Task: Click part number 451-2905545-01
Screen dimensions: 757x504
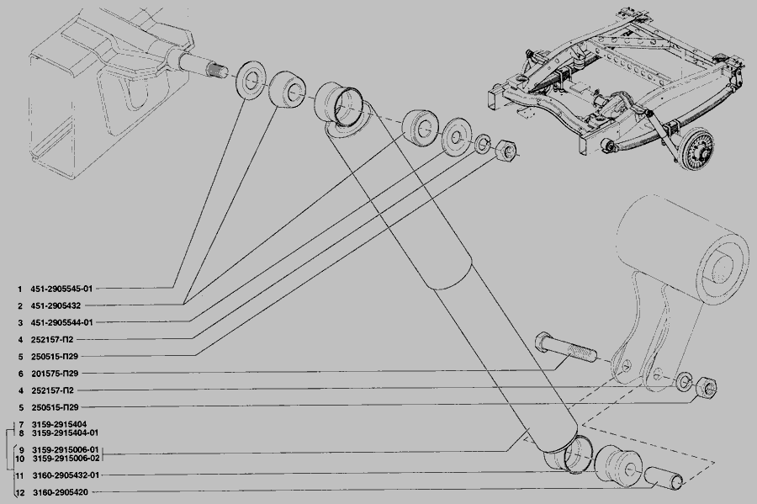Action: click(x=61, y=289)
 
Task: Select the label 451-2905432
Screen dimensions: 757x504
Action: click(x=56, y=305)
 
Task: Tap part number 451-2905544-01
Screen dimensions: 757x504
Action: click(x=61, y=322)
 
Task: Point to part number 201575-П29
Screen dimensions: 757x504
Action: click(x=55, y=374)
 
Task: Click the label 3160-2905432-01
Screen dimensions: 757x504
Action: click(x=66, y=475)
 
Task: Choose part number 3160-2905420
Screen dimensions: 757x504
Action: click(x=61, y=492)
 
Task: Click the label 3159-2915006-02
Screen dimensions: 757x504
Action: click(x=66, y=458)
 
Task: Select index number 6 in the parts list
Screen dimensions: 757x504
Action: click(x=21, y=374)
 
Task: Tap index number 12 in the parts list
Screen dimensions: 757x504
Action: click(x=20, y=493)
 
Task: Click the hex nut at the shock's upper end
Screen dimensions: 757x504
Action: click(x=506, y=150)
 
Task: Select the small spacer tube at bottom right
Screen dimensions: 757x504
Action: click(x=664, y=477)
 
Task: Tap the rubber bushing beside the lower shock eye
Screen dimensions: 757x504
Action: click(x=617, y=464)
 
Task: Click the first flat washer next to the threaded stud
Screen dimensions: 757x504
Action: click(x=251, y=80)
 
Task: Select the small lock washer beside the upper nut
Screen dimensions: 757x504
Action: click(x=482, y=143)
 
